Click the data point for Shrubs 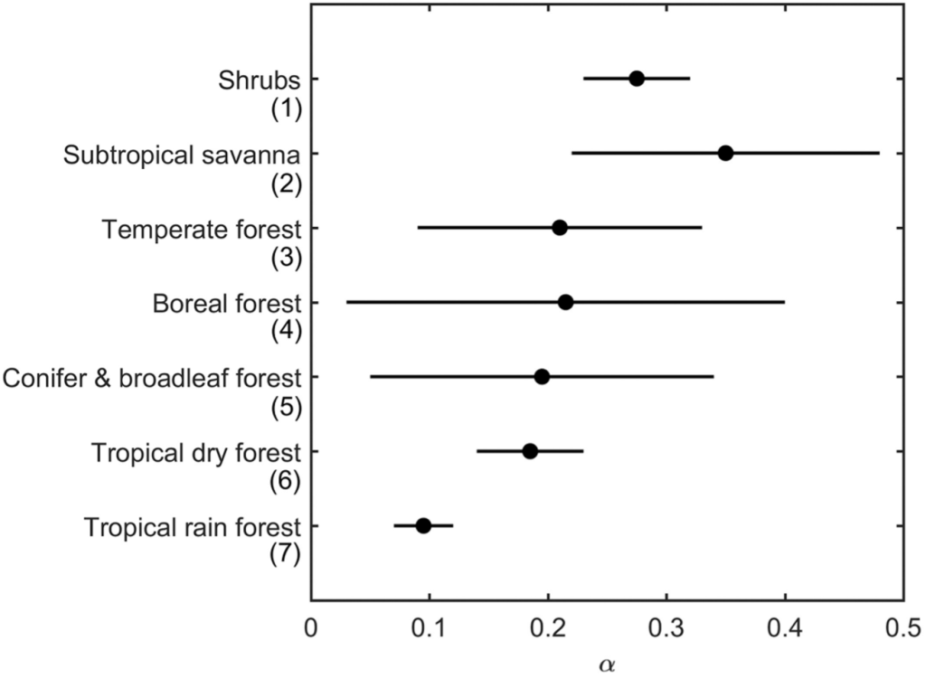pos(637,79)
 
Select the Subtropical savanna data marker pos(725,153)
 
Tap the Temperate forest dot pos(560,228)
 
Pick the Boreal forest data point pos(565,302)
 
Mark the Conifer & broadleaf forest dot pos(542,377)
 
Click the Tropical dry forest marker pos(530,451)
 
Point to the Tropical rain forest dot pos(423,525)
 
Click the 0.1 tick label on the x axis pos(430,626)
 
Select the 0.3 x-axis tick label pos(666,626)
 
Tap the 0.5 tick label pos(902,626)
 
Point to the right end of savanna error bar pos(879,153)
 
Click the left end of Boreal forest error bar pos(347,302)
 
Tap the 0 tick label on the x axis pos(311,626)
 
